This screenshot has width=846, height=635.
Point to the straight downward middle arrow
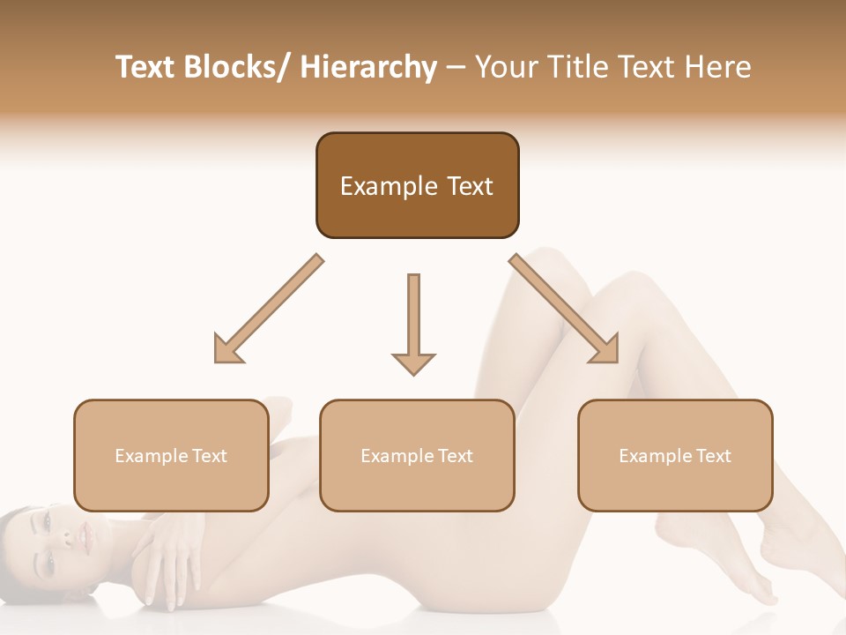point(413,322)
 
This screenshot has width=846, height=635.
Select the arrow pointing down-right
point(564,309)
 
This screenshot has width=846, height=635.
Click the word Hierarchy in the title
point(368,67)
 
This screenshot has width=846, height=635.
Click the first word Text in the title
point(146,67)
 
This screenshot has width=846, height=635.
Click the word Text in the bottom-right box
point(713,456)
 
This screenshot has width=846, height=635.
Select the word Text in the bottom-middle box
point(455,456)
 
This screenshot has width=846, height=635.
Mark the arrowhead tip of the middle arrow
point(413,373)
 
